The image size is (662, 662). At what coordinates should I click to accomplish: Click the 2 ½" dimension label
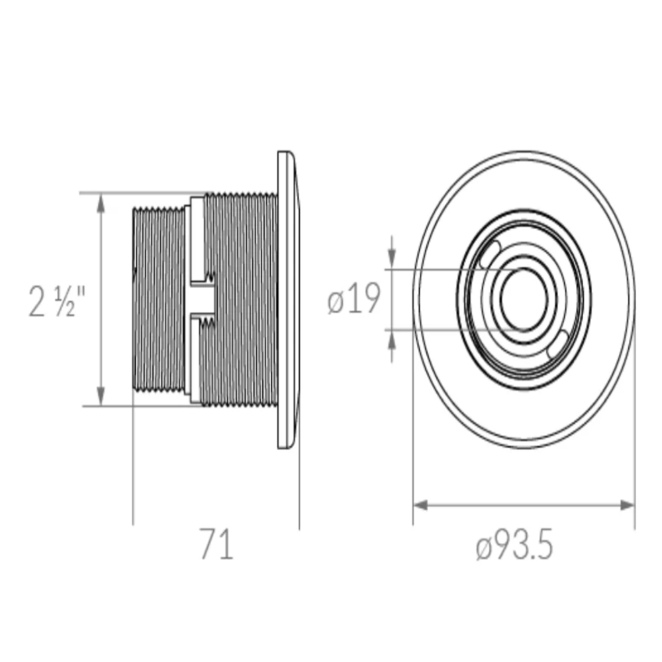[x=57, y=301]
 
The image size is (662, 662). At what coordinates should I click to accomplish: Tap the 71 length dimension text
[x=216, y=544]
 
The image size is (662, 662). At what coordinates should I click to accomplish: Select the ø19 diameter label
[x=354, y=299]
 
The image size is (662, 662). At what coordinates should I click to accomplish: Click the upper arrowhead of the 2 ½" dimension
[x=101, y=203]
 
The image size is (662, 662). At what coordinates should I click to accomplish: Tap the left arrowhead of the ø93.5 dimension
[x=421, y=505]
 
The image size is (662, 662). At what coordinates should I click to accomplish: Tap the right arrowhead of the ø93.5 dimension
[x=627, y=505]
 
